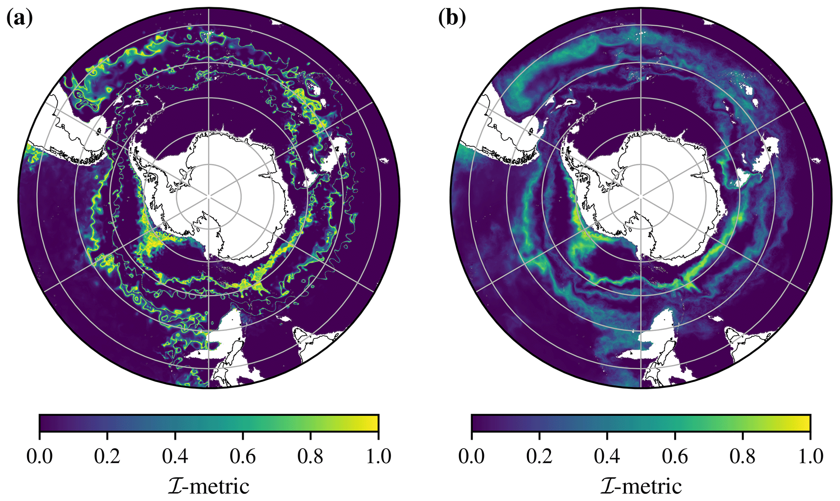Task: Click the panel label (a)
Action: point(19,18)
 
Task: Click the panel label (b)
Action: point(452,18)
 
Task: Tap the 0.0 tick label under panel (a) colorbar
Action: point(39,456)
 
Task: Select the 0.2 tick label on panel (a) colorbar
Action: point(107,456)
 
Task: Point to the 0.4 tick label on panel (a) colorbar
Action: point(175,456)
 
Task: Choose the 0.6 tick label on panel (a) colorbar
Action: point(243,456)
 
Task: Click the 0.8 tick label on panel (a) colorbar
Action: point(310,456)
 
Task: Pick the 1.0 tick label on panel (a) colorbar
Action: point(378,456)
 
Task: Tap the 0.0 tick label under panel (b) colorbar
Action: point(471,456)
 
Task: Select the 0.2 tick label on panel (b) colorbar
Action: point(539,456)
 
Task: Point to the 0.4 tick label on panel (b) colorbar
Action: point(607,456)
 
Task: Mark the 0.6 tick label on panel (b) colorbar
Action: point(675,456)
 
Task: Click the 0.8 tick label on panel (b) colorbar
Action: point(742,456)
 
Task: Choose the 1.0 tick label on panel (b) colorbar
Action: point(810,456)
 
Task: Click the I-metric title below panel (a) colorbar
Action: point(208,486)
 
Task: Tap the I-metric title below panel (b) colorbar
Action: point(641,486)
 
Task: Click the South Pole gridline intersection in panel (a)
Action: point(209,196)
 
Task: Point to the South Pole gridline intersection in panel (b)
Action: point(641,196)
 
